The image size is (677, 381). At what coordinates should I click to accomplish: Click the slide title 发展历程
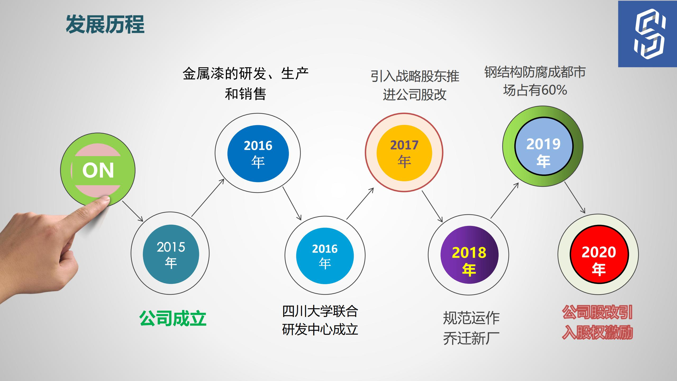tap(105, 24)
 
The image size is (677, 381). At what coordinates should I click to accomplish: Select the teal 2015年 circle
tap(171, 254)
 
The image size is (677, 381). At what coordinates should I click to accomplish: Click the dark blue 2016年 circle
tap(258, 153)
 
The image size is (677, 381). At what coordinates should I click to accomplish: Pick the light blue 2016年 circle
tap(325, 256)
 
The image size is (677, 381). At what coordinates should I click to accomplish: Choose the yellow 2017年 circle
tap(404, 153)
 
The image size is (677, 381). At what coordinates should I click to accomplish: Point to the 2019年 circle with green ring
tap(543, 146)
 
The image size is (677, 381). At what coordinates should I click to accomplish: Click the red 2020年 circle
tap(599, 255)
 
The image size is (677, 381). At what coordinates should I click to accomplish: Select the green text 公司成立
tap(173, 318)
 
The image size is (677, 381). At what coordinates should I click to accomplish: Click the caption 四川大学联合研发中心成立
tap(320, 320)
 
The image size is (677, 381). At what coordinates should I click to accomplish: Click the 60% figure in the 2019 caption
tap(554, 90)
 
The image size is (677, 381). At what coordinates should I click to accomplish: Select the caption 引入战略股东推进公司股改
tap(415, 85)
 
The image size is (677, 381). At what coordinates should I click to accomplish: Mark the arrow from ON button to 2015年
tap(133, 211)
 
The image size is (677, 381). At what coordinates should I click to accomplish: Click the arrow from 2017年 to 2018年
tap(432, 206)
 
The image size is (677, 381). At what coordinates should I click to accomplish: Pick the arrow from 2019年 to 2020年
tap(575, 197)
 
